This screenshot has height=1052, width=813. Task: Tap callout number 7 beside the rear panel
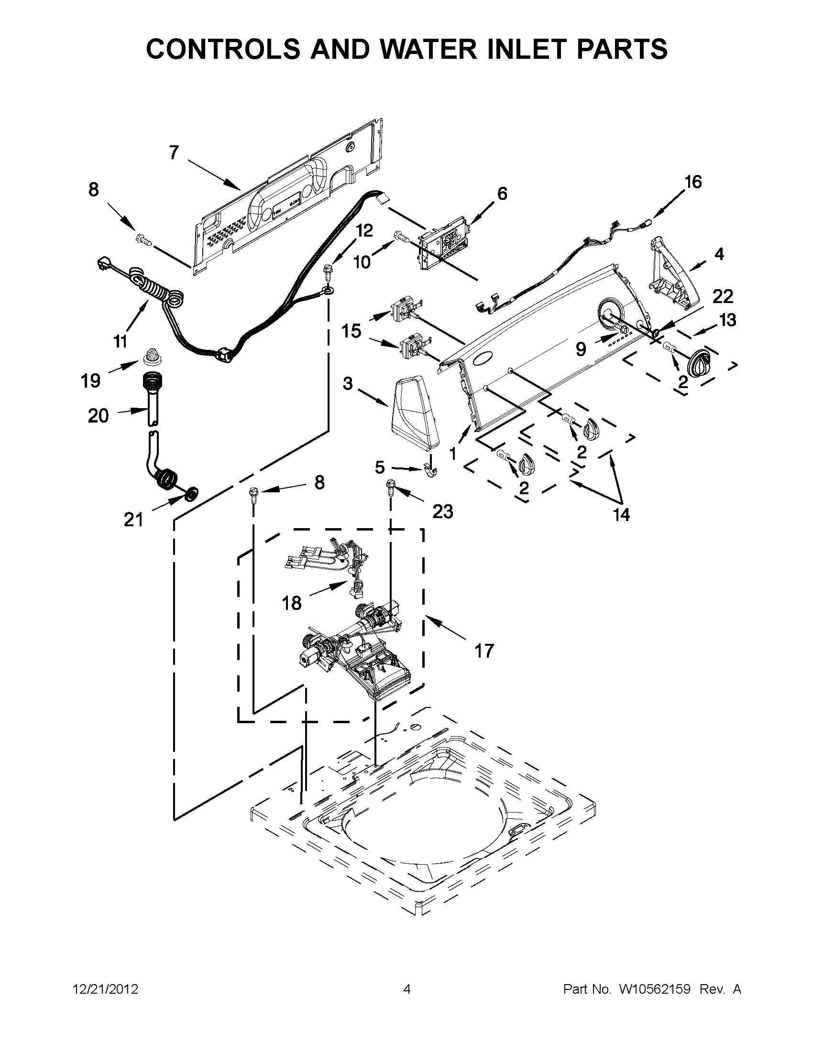pyautogui.click(x=174, y=152)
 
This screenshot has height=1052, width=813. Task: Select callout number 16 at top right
pyautogui.click(x=693, y=182)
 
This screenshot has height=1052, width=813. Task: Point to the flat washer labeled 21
pyautogui.click(x=192, y=493)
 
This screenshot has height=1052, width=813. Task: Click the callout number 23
pyautogui.click(x=442, y=511)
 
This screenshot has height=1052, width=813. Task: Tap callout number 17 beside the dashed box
pyautogui.click(x=484, y=651)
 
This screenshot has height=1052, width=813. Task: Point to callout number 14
pyautogui.click(x=621, y=514)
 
